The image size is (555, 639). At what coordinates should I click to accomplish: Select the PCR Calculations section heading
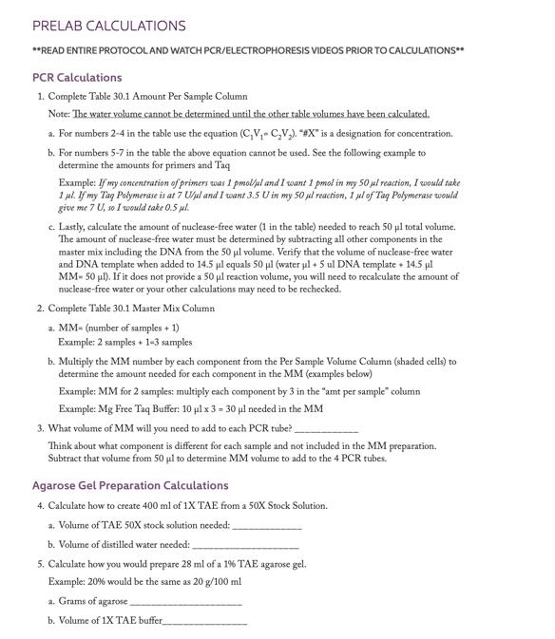77,77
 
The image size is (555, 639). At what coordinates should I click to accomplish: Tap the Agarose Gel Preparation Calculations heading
130,485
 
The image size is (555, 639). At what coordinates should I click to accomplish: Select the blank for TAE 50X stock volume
267,525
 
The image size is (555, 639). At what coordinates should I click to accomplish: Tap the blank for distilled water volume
245,545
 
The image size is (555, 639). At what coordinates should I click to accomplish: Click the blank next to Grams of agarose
185,601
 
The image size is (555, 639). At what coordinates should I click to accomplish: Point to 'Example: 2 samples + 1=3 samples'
125,342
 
